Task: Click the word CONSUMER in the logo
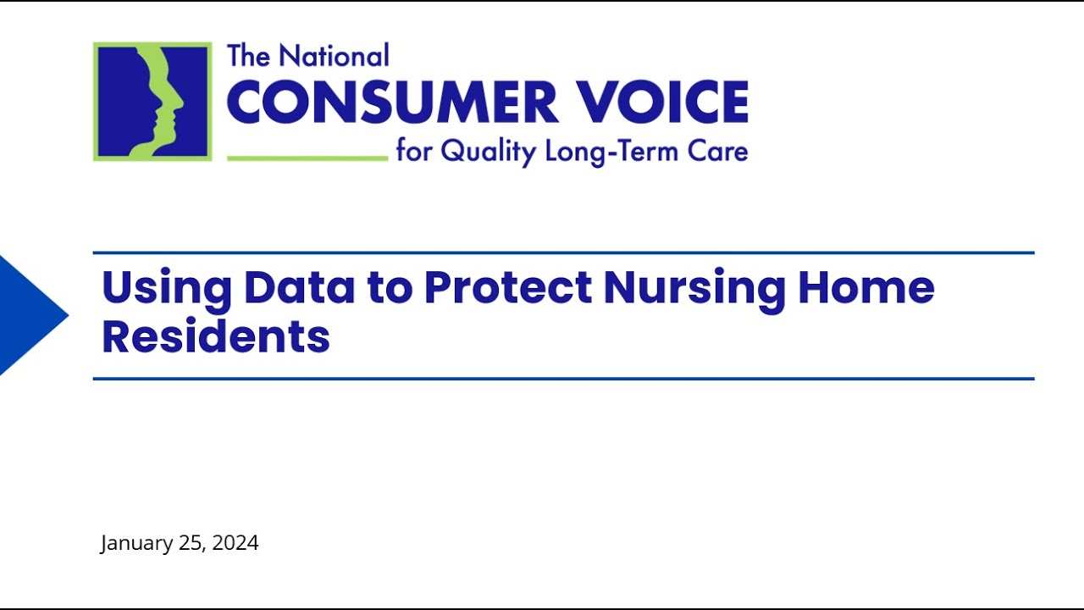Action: (x=392, y=103)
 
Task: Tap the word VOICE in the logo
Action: (x=663, y=103)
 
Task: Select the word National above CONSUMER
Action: (x=334, y=56)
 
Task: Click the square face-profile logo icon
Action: (x=152, y=102)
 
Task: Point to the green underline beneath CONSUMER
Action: (x=307, y=158)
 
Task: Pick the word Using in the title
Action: (x=166, y=288)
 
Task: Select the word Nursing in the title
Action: (x=694, y=288)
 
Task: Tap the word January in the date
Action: (x=136, y=543)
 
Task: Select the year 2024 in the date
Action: (x=235, y=543)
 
